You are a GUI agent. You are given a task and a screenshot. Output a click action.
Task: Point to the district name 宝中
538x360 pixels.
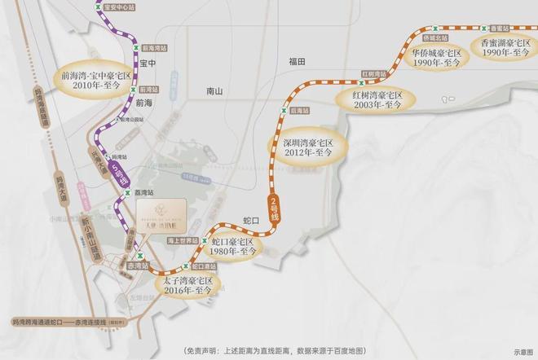[148, 63]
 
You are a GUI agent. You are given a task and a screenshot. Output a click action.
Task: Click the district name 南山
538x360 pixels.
[215, 92]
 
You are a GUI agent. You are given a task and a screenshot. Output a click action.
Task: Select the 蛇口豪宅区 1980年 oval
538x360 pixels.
[233, 248]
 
